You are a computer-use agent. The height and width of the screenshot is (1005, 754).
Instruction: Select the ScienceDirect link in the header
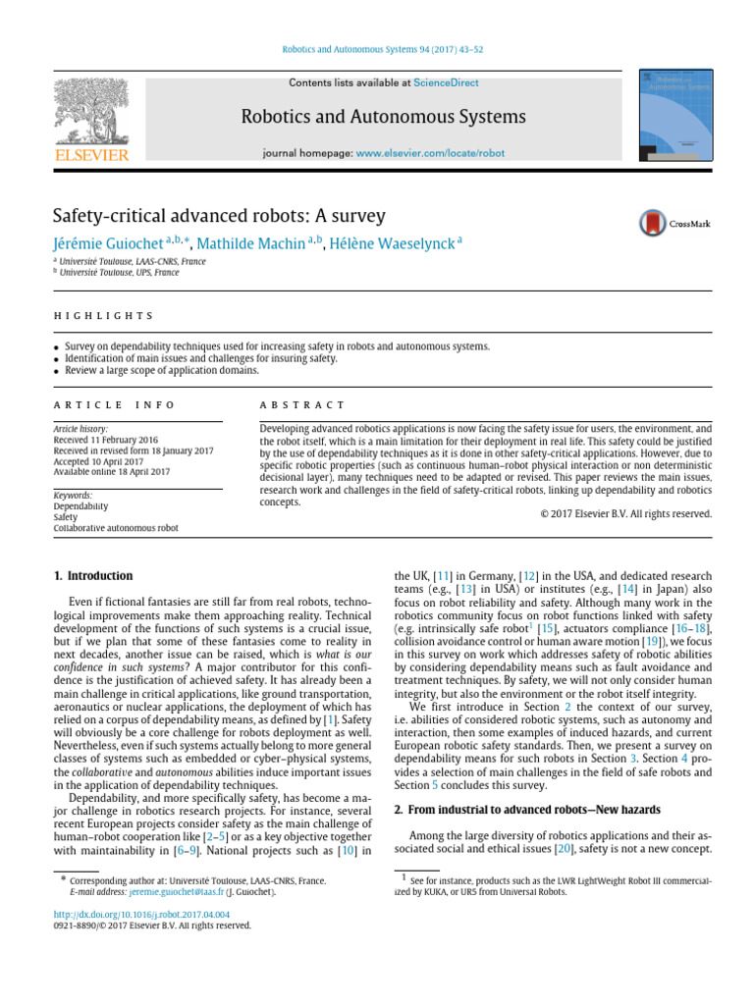click(446, 83)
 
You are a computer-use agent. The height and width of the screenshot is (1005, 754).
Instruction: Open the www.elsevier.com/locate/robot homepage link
click(430, 154)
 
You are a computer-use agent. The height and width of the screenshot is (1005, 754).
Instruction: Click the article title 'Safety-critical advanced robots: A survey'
click(219, 216)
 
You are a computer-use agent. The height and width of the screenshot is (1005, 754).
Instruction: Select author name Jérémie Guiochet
click(107, 242)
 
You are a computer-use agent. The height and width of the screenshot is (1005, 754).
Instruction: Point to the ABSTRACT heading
click(302, 404)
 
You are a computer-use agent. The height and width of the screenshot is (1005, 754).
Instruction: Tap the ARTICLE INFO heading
click(114, 404)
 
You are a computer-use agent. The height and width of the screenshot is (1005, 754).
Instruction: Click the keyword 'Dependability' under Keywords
click(81, 506)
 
